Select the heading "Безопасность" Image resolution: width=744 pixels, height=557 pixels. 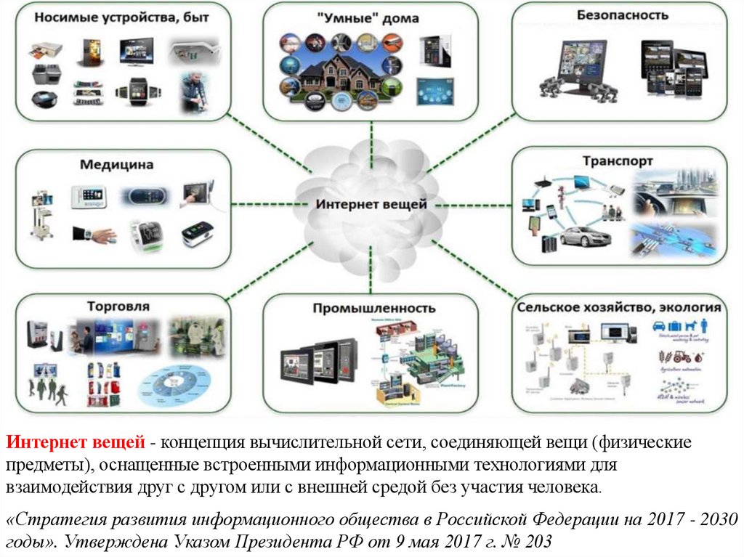point(623,15)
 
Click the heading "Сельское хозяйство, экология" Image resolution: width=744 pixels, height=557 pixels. point(619,307)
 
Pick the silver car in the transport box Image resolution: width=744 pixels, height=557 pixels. point(586,236)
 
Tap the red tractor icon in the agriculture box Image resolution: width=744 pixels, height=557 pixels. point(682,357)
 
